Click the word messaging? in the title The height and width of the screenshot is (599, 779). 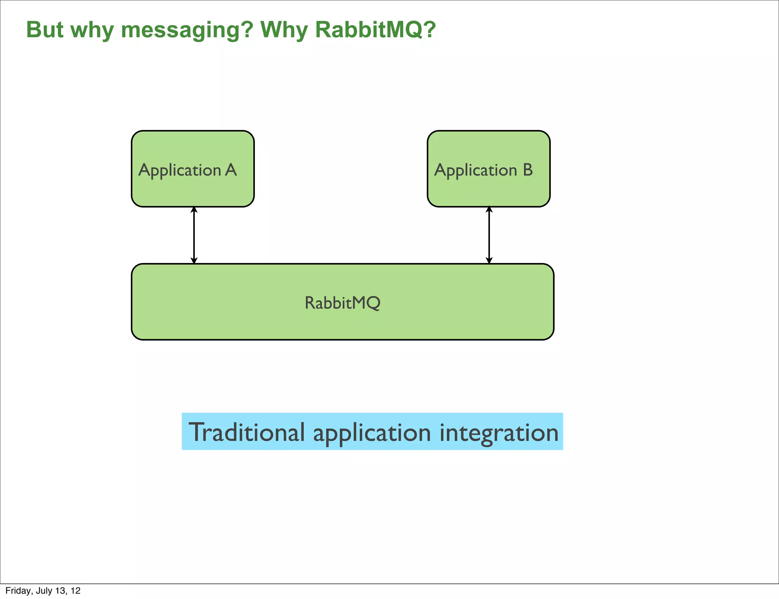click(187, 30)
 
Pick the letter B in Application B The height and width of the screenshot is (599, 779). click(528, 170)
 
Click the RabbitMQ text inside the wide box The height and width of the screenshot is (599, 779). click(342, 303)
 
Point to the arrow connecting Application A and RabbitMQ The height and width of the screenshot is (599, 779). click(194, 235)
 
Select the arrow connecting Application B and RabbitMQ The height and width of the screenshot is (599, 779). click(489, 235)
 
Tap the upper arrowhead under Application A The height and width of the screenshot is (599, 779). click(194, 209)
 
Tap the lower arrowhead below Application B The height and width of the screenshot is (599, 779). click(489, 260)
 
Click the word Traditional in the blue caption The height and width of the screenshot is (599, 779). click(246, 432)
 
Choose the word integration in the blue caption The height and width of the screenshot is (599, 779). click(499, 432)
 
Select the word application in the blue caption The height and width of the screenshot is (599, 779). click(372, 433)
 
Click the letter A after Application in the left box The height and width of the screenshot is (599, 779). click(231, 170)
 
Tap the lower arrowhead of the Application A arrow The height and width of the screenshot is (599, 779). click(194, 260)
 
